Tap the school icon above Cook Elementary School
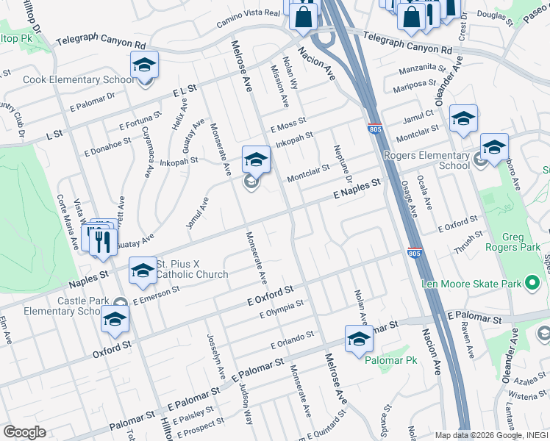tap(145, 65)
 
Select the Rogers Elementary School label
tap(426, 160)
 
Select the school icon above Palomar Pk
tap(359, 340)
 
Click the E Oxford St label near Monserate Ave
tap(270, 295)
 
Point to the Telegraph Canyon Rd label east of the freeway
tap(407, 43)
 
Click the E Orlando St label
tap(292, 339)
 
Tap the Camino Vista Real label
tap(249, 18)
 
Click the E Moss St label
tap(287, 123)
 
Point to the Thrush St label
tap(468, 242)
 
